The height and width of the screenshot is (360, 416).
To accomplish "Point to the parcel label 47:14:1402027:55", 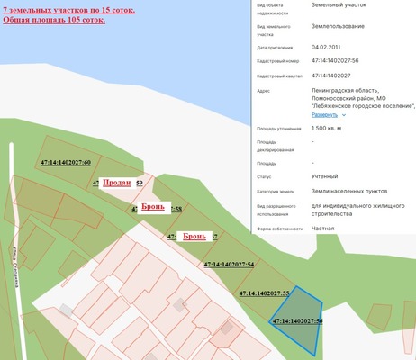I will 264,293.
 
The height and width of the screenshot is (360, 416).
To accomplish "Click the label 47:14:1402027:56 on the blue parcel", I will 297,320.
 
